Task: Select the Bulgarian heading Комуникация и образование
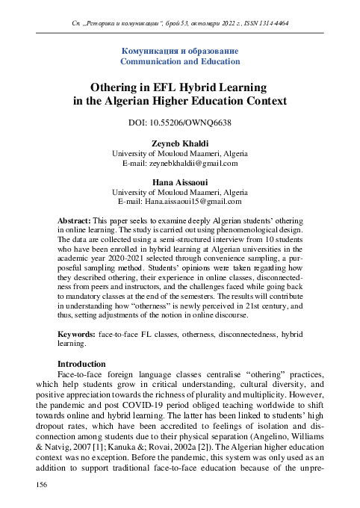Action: pos(180,50)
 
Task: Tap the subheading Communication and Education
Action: pos(180,61)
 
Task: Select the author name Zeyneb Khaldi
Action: pos(180,142)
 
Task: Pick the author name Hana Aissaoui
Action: pos(180,181)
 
